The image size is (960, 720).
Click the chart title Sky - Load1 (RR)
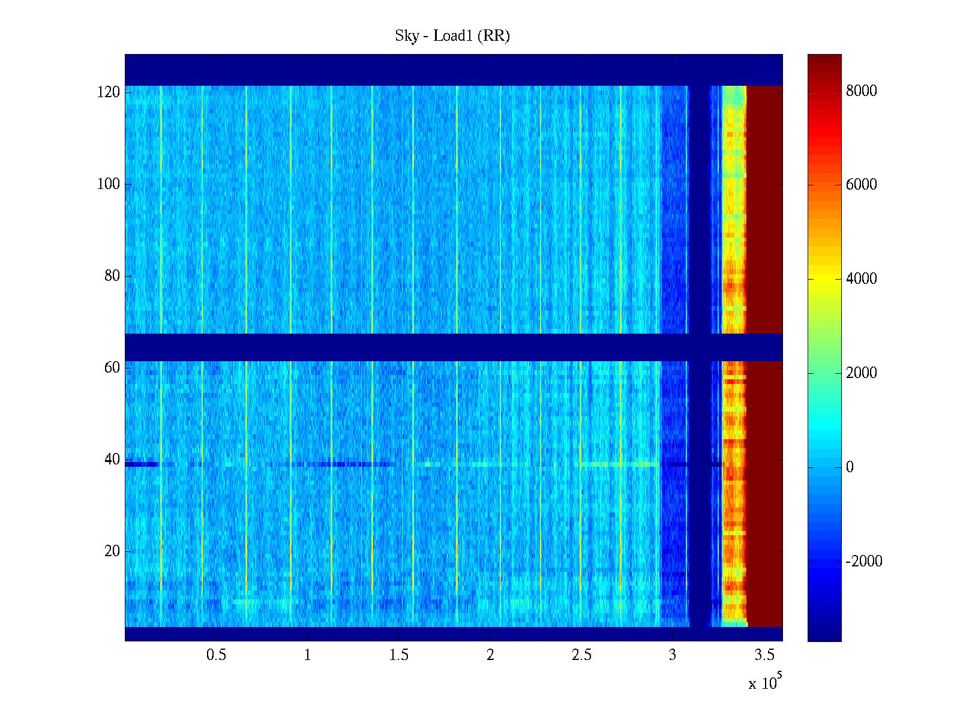click(452, 36)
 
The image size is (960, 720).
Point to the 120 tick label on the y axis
click(109, 92)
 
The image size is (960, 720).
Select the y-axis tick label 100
click(109, 184)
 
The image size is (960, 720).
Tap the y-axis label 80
click(112, 276)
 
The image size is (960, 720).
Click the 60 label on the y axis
click(112, 368)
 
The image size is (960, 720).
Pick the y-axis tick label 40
click(112, 460)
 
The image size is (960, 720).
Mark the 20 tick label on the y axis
click(112, 551)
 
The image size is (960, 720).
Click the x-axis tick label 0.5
click(216, 655)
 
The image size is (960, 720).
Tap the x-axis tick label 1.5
click(399, 655)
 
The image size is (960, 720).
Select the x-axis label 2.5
click(581, 655)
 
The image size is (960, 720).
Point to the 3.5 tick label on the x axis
click(764, 655)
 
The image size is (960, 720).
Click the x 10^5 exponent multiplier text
click(765, 682)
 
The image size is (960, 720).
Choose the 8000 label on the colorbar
click(862, 91)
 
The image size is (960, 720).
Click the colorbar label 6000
click(862, 185)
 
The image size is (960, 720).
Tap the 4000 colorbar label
click(862, 279)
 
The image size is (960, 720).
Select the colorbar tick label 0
click(850, 467)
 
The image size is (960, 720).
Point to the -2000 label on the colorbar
click(864, 562)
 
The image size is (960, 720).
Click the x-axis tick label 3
click(673, 655)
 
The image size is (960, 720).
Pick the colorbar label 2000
click(862, 373)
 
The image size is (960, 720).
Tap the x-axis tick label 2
click(490, 655)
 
